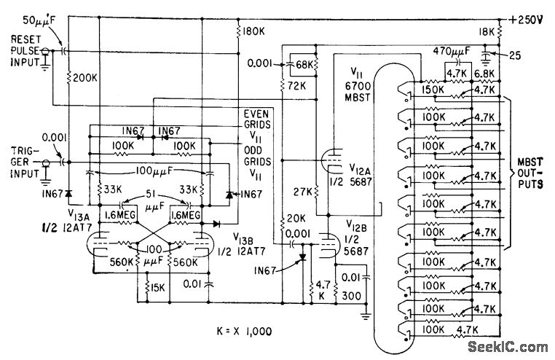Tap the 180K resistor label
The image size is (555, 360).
coord(250,32)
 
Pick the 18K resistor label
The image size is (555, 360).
coord(487,33)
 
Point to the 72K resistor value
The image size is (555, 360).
coord(296,87)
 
